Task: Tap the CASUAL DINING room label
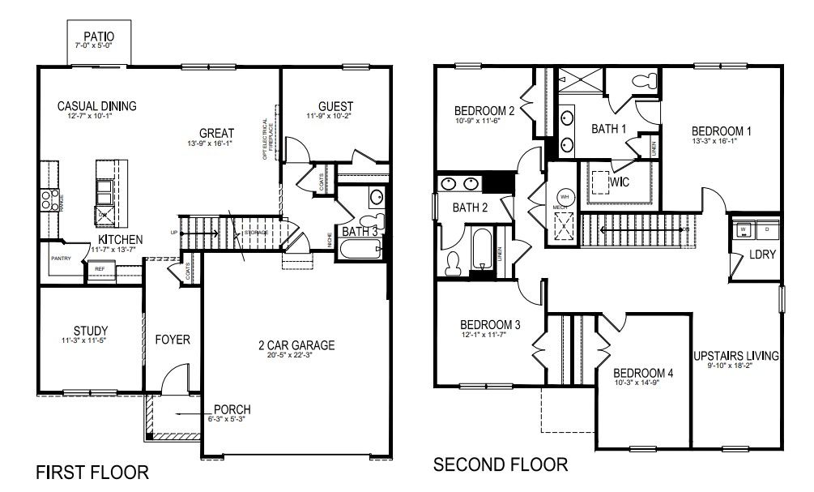point(96,105)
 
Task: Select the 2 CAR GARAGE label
point(291,345)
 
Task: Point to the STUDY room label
point(90,331)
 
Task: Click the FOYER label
point(173,340)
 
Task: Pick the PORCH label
point(232,409)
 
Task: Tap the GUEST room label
point(335,106)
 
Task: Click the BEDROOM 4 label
point(643,373)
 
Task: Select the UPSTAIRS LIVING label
point(736,356)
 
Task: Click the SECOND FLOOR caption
point(501,465)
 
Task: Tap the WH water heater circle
point(565,197)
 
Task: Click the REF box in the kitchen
point(100,269)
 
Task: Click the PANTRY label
point(62,259)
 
